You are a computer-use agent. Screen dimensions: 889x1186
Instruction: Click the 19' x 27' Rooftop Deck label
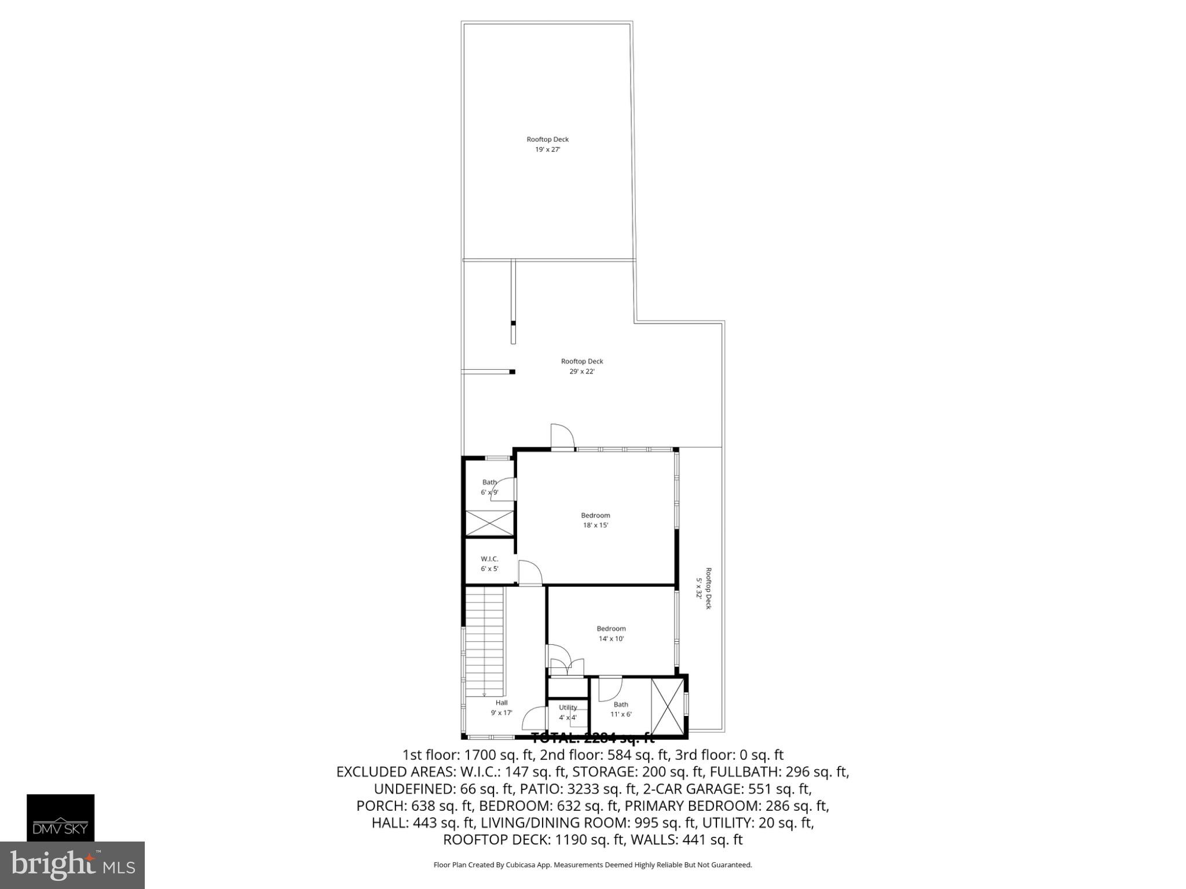coord(547,144)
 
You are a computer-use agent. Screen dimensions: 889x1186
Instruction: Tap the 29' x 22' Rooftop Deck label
coord(582,366)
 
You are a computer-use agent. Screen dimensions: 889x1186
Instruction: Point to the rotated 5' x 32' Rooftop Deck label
coord(703,588)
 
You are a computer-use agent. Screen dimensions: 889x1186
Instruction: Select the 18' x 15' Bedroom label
coord(595,520)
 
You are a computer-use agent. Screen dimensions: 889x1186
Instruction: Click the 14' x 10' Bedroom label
coord(611,634)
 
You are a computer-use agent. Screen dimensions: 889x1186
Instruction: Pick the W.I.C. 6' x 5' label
coord(489,564)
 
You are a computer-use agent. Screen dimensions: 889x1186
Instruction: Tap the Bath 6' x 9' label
coord(489,487)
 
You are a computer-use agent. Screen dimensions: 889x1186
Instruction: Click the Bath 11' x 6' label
coord(621,709)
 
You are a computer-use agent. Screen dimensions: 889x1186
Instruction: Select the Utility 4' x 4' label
coord(568,712)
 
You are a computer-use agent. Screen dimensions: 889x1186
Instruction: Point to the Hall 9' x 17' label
coord(502,707)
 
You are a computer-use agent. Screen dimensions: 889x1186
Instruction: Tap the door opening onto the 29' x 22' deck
coord(562,436)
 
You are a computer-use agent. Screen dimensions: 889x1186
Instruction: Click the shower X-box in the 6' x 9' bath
coord(490,523)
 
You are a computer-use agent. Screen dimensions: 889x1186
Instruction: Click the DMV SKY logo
coord(60,817)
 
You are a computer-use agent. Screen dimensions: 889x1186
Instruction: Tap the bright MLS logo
coord(72,865)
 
